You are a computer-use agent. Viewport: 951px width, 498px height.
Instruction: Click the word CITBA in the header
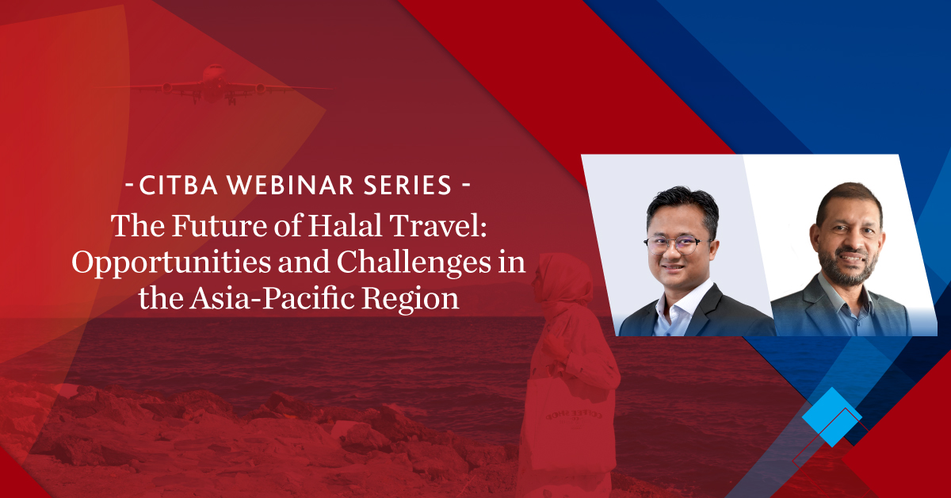pyautogui.click(x=178, y=185)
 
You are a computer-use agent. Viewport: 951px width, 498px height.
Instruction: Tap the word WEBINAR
pyautogui.click(x=290, y=185)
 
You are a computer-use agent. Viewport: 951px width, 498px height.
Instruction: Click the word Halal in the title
pyautogui.click(x=345, y=225)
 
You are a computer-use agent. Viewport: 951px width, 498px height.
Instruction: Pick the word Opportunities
pyautogui.click(x=171, y=262)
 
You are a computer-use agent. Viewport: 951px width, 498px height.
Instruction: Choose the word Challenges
pyautogui.click(x=414, y=262)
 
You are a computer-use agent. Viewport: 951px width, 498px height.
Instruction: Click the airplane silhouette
pyautogui.click(x=215, y=85)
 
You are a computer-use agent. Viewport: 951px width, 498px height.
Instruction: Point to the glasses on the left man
pyautogui.click(x=675, y=245)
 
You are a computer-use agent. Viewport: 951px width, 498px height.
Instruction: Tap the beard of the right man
pyautogui.click(x=848, y=268)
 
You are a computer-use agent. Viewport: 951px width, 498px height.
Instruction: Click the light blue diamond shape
pyautogui.click(x=831, y=417)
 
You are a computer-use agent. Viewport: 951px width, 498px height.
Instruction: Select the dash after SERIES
pyautogui.click(x=465, y=186)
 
